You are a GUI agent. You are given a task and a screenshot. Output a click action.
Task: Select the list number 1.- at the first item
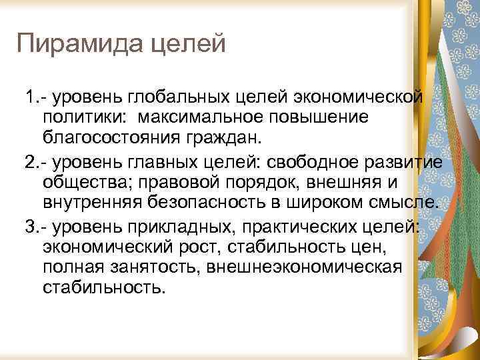[29, 99]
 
